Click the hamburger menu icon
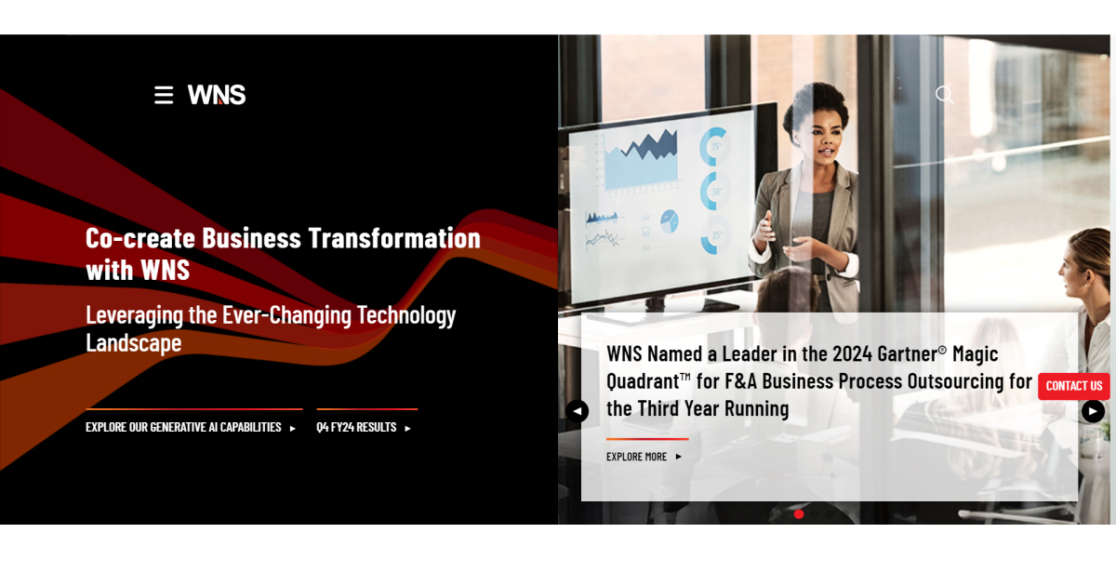coord(164,95)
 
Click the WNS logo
coord(217,95)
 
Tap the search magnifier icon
coord(944,94)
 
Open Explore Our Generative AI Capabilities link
coord(190,428)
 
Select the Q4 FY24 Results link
coord(363,428)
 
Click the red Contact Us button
coord(1074,386)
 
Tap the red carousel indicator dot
coord(799,513)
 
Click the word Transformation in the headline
coord(394,238)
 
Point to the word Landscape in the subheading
coord(133,343)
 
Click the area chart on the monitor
coord(641,158)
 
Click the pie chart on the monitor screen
coord(669,220)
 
